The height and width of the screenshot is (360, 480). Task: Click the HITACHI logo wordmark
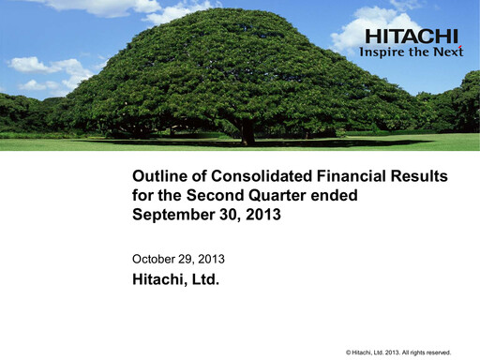pos(412,37)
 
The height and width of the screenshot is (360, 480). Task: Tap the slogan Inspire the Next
pos(412,52)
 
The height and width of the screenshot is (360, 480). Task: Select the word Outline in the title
pos(157,176)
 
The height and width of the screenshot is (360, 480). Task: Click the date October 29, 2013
pos(178,258)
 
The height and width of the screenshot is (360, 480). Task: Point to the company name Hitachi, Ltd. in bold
pos(175,277)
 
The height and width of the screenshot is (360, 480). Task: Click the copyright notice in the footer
pos(398,352)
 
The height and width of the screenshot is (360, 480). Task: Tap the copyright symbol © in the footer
pos(349,352)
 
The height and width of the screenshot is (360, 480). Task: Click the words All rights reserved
pos(427,352)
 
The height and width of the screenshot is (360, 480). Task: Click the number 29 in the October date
pos(187,258)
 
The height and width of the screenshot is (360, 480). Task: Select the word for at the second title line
pos(142,195)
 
